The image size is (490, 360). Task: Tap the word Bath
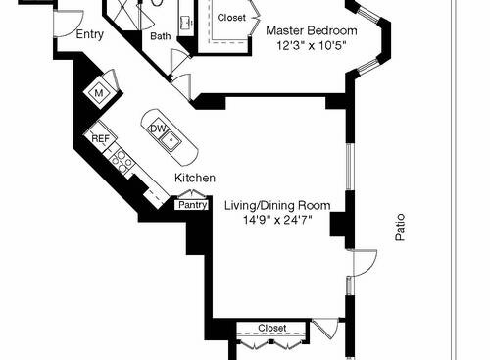160,37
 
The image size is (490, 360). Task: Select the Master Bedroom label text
312,31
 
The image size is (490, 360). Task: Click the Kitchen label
195,178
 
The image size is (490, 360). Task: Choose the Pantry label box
192,205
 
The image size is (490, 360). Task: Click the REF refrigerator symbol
99,139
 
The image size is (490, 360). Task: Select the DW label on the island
158,129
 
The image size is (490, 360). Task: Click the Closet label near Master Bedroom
231,18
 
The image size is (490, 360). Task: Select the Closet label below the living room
271,328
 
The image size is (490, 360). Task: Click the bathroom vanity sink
184,22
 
